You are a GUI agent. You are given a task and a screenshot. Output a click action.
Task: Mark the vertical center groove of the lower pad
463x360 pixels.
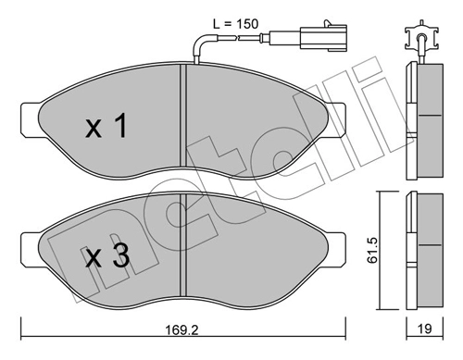184,250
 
